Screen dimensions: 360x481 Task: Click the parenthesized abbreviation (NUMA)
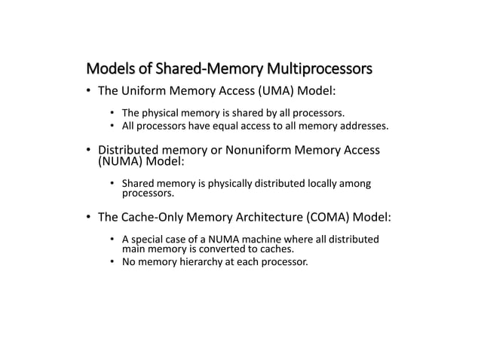click(x=117, y=161)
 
